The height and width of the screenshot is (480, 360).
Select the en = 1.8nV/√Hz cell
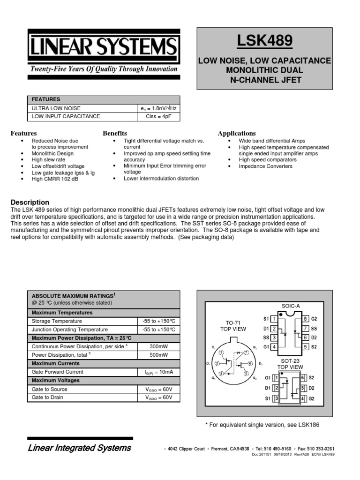(x=157, y=108)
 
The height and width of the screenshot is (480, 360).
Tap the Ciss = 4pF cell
(x=157, y=116)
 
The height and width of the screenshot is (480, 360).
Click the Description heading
(x=30, y=202)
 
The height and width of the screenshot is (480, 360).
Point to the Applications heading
(x=237, y=134)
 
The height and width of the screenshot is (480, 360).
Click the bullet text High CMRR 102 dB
(x=54, y=179)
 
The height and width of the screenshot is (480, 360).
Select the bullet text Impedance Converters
(x=265, y=166)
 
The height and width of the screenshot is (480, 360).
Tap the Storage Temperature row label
(x=56, y=321)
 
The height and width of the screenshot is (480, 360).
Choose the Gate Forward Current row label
(x=57, y=372)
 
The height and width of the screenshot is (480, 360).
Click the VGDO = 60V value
(x=159, y=397)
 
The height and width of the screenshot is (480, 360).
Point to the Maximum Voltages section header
(x=55, y=380)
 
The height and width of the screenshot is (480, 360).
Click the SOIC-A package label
(x=291, y=306)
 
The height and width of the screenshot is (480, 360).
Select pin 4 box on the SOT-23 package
(x=303, y=398)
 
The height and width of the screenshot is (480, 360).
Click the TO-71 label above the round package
(x=233, y=323)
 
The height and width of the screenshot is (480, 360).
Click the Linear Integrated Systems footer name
(x=80, y=448)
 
